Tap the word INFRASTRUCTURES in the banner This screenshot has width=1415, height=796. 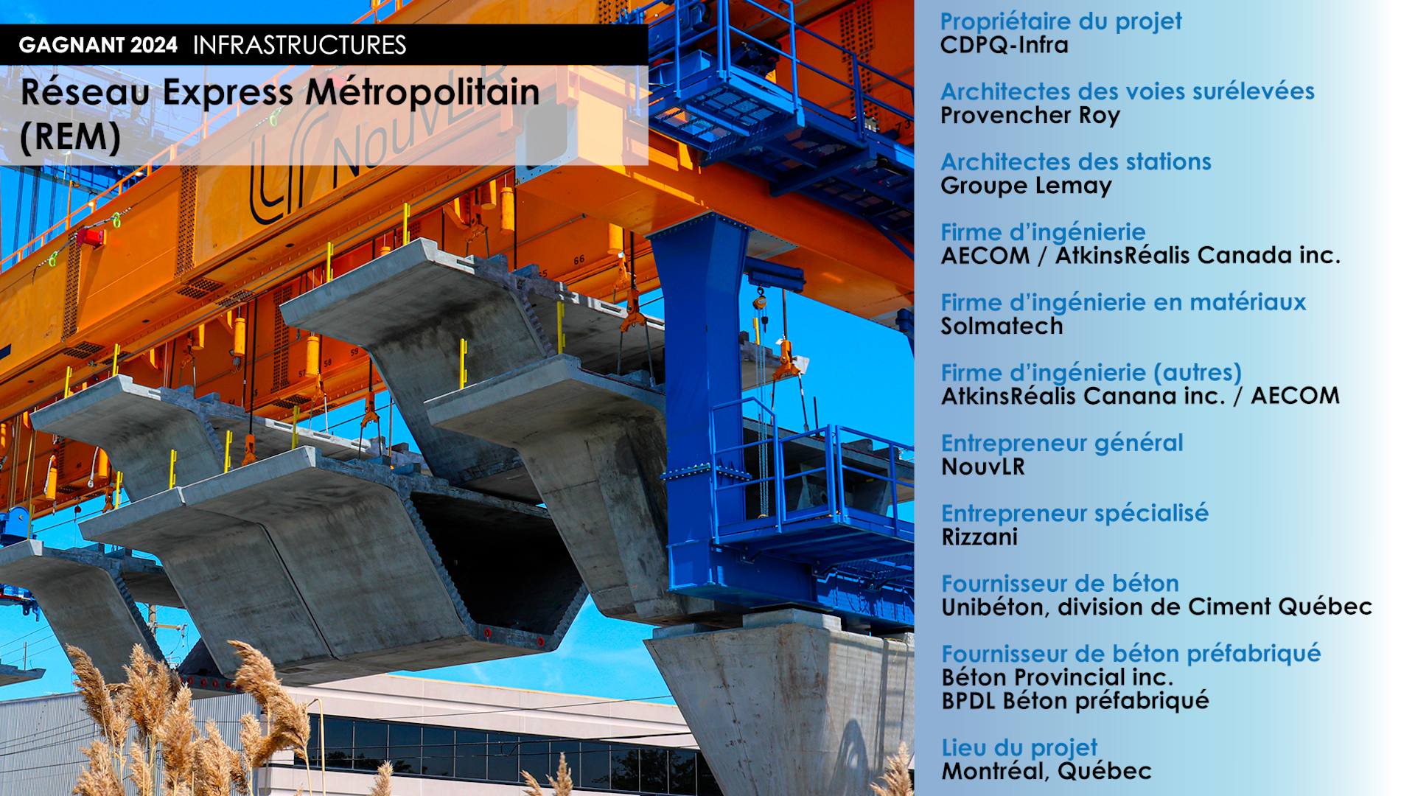[299, 45]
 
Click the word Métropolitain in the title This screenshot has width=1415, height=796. [422, 92]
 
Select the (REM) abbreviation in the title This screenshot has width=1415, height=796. [71, 137]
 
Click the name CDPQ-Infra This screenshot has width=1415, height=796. [1004, 45]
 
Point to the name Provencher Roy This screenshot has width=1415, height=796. [1030, 116]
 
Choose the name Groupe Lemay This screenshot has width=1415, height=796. [1026, 186]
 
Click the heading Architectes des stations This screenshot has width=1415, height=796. [1076, 161]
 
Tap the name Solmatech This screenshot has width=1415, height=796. [1002, 326]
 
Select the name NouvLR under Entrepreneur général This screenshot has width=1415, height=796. [983, 467]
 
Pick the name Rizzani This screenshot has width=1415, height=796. [979, 537]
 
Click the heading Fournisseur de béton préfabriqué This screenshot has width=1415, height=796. [1131, 654]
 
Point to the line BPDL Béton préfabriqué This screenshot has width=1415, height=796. [1075, 700]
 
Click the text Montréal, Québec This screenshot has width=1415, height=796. [1047, 771]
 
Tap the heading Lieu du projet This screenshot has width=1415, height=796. [1019, 747]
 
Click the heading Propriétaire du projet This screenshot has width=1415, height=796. [1061, 22]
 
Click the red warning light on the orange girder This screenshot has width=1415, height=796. [91, 237]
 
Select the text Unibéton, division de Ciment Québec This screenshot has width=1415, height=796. [1156, 607]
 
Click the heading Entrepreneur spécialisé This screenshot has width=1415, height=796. [1075, 513]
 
